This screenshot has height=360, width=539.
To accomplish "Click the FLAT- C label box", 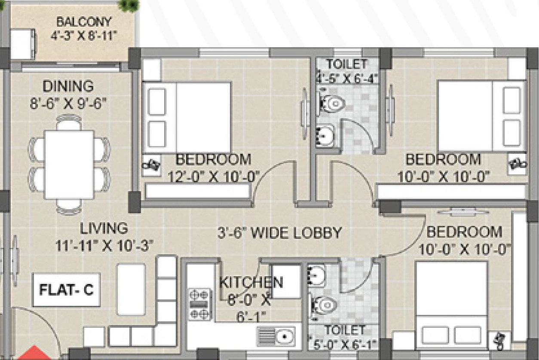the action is tap(66, 290).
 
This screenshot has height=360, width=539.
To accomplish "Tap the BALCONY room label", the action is tap(84, 22).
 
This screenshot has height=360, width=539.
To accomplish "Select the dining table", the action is tap(69, 165).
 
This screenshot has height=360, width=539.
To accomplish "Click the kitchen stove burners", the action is tap(199, 304).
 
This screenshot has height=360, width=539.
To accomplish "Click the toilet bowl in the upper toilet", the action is tap(331, 104).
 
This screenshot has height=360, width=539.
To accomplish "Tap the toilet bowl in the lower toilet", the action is tap(323, 305).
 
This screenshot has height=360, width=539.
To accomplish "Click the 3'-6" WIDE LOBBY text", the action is tap(279, 232).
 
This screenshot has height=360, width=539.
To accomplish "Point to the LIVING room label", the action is tap(104, 228).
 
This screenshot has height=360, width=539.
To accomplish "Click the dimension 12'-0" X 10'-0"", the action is tap(214, 177).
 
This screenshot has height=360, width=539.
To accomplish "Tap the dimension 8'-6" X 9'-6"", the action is tap(68, 104).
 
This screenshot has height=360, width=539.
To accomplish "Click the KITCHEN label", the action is tap(251, 282).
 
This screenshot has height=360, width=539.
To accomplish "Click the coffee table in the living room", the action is tap(131, 289).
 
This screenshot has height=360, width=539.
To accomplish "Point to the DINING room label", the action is tap(68, 86).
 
